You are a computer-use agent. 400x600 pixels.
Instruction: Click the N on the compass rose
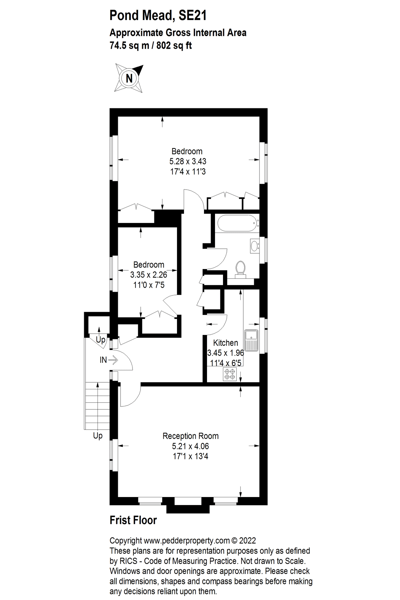tap(129, 79)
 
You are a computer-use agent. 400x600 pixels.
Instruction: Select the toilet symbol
tap(240, 269)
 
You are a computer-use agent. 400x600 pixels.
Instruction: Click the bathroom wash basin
tap(255, 246)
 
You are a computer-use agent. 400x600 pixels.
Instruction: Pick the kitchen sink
tap(252, 340)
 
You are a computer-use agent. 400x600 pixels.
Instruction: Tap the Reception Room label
tap(190, 436)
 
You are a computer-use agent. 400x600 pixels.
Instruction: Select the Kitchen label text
tap(225, 343)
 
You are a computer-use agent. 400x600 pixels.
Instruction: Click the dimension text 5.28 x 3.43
tap(188, 161)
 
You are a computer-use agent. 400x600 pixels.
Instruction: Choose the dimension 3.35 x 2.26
tap(148, 275)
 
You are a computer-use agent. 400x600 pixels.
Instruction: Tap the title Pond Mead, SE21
tap(158, 15)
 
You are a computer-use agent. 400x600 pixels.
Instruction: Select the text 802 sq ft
tap(174, 45)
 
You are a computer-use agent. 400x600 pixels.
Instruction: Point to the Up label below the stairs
tap(98, 436)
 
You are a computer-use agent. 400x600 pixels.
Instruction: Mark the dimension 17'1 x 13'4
tap(190, 456)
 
